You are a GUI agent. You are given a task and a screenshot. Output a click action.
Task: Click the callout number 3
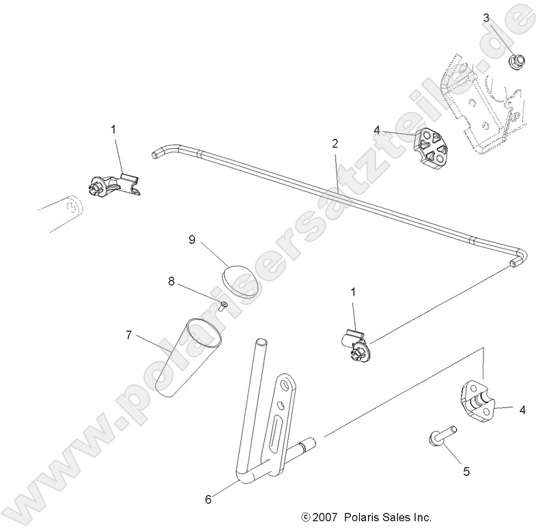[486, 18]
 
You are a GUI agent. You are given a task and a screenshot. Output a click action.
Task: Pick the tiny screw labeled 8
[223, 307]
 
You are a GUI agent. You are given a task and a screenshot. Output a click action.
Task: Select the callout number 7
[128, 335]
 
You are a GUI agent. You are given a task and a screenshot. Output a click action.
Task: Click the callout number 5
[466, 471]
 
